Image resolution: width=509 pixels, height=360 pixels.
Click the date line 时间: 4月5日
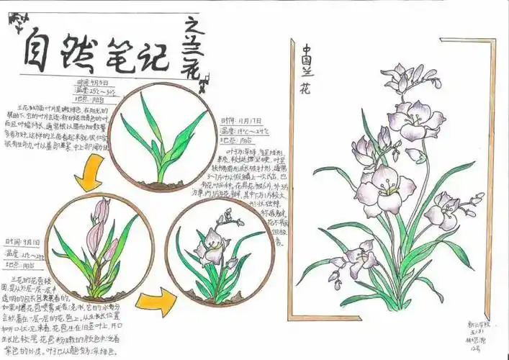[x=94, y=84]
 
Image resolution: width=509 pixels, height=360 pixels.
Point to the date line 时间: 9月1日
[x=22, y=242]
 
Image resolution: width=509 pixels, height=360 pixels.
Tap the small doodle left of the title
[x=15, y=22]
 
